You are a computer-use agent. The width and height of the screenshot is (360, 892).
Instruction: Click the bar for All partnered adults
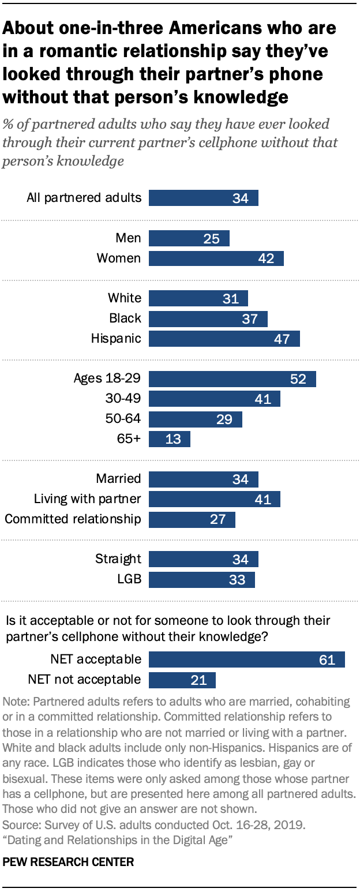pos(203,198)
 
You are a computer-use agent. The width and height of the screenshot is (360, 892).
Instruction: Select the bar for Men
pos(189,238)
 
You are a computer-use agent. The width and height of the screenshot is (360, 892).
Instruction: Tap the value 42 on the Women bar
pos(267,258)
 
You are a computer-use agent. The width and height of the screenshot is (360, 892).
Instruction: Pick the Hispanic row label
pos(115,338)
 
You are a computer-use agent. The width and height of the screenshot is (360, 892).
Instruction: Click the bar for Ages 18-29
pos(232,378)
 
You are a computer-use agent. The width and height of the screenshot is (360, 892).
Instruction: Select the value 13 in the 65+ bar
pos(174,439)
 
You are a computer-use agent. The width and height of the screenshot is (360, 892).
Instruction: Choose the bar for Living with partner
pos(214,499)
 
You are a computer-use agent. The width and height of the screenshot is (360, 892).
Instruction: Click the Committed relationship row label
pos(73,519)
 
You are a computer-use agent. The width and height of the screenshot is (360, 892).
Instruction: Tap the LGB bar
pos(201,579)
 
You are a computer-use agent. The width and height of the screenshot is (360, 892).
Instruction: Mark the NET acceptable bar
pos(246,659)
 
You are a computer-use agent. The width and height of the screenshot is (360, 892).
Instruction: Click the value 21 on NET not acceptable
pos(200,680)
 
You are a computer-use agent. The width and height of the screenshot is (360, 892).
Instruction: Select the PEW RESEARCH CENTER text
pos(68,862)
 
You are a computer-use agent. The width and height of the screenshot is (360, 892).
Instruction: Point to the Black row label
pos(125,318)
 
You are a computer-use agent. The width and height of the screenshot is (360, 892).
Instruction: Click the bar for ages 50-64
pos(195,419)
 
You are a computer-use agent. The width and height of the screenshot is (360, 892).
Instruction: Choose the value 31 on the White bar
pos(231,298)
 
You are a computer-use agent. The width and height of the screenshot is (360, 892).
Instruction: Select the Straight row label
pos(118,559)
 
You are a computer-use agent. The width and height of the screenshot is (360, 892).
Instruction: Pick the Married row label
pos(118,478)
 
